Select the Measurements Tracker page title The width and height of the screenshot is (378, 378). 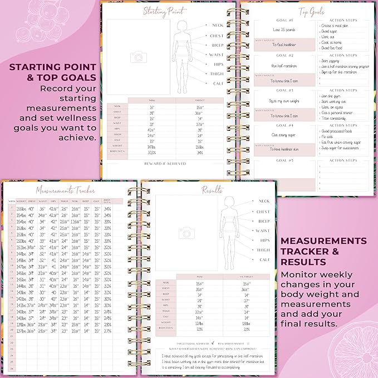62,190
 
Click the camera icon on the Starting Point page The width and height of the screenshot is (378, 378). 137,57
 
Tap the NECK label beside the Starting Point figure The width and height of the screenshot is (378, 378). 217,26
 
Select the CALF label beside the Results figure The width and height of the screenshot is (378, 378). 264,259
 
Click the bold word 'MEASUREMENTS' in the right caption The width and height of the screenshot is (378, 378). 324,240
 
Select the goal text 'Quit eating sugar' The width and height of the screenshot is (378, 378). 283,135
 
